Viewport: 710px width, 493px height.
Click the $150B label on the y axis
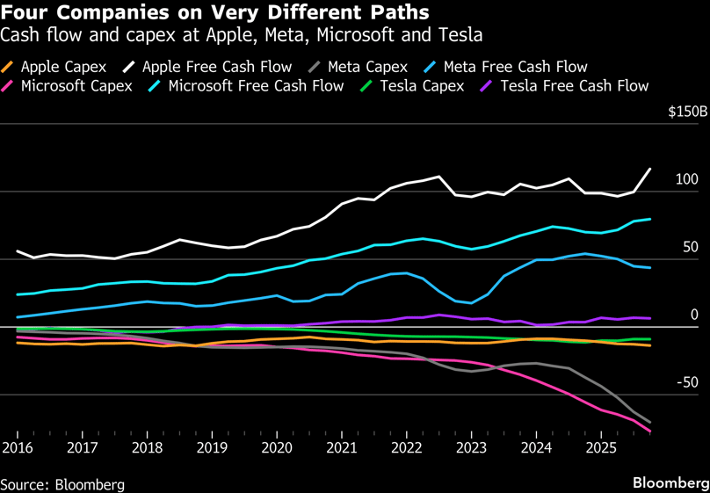pyautogui.click(x=687, y=112)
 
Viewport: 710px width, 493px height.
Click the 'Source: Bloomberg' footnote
pyautogui.click(x=62, y=484)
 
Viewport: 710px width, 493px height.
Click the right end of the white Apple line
pyautogui.click(x=650, y=169)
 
